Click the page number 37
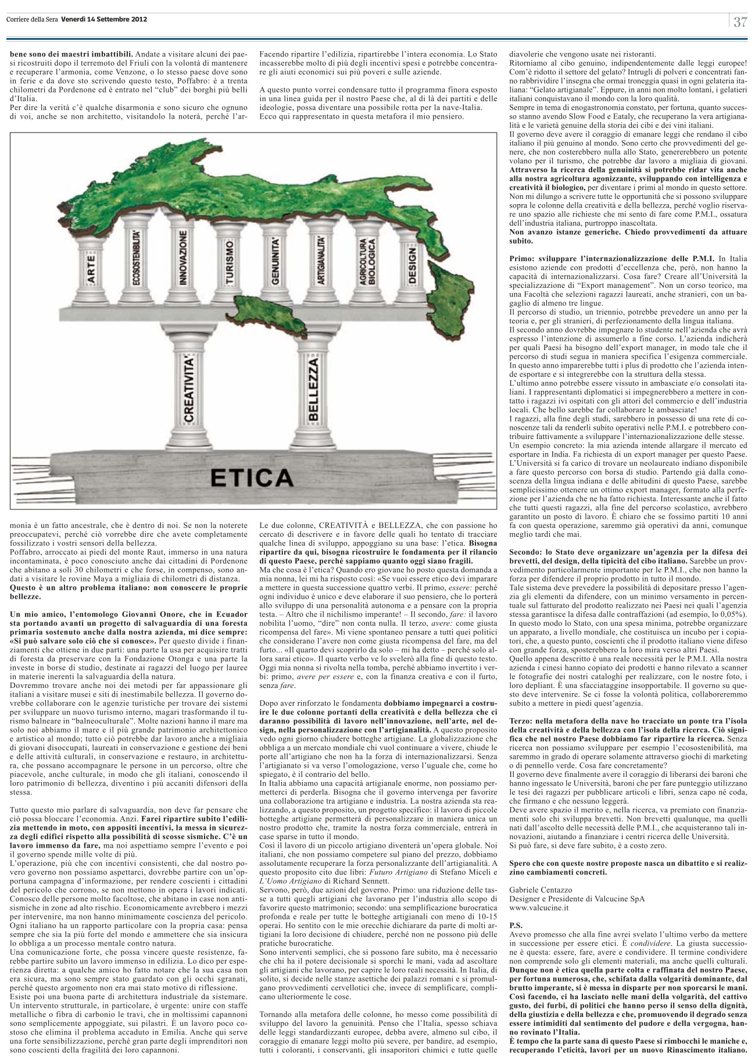click(740, 22)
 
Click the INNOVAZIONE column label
click(182, 258)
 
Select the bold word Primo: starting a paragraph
click(522, 256)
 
